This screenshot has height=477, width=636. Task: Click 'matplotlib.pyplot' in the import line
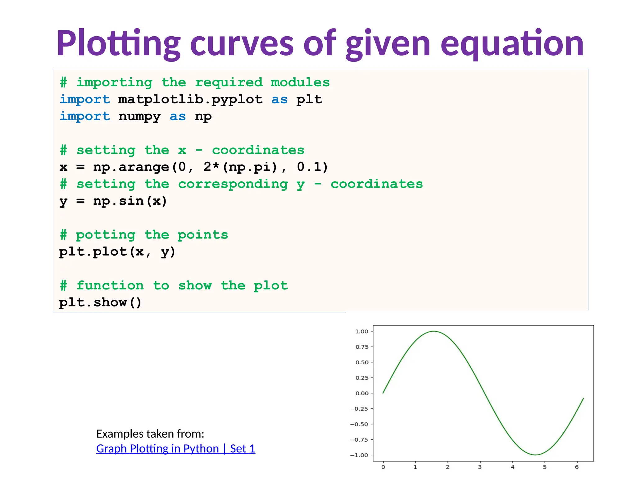(190, 99)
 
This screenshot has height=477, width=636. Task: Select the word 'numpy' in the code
(139, 116)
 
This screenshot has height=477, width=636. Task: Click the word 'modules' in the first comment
(300, 83)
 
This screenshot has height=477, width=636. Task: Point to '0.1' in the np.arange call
(312, 167)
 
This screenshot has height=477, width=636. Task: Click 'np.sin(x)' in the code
(130, 201)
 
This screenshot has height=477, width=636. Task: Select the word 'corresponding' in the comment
(233, 184)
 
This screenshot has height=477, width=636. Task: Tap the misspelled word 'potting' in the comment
(106, 235)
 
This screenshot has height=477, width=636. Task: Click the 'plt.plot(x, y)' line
(117, 252)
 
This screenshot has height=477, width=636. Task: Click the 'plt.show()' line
(100, 302)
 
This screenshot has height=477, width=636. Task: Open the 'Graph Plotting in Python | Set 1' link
(176, 449)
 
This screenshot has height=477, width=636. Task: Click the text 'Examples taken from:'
(150, 434)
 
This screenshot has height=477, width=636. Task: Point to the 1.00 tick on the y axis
(362, 331)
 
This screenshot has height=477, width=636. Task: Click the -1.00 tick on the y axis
(359, 455)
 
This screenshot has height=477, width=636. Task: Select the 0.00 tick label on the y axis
(362, 393)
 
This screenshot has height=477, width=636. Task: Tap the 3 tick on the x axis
(480, 467)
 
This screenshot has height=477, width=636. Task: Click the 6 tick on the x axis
(577, 467)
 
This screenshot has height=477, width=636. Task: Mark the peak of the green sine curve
(434, 331)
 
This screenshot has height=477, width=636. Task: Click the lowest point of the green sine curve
(535, 455)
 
